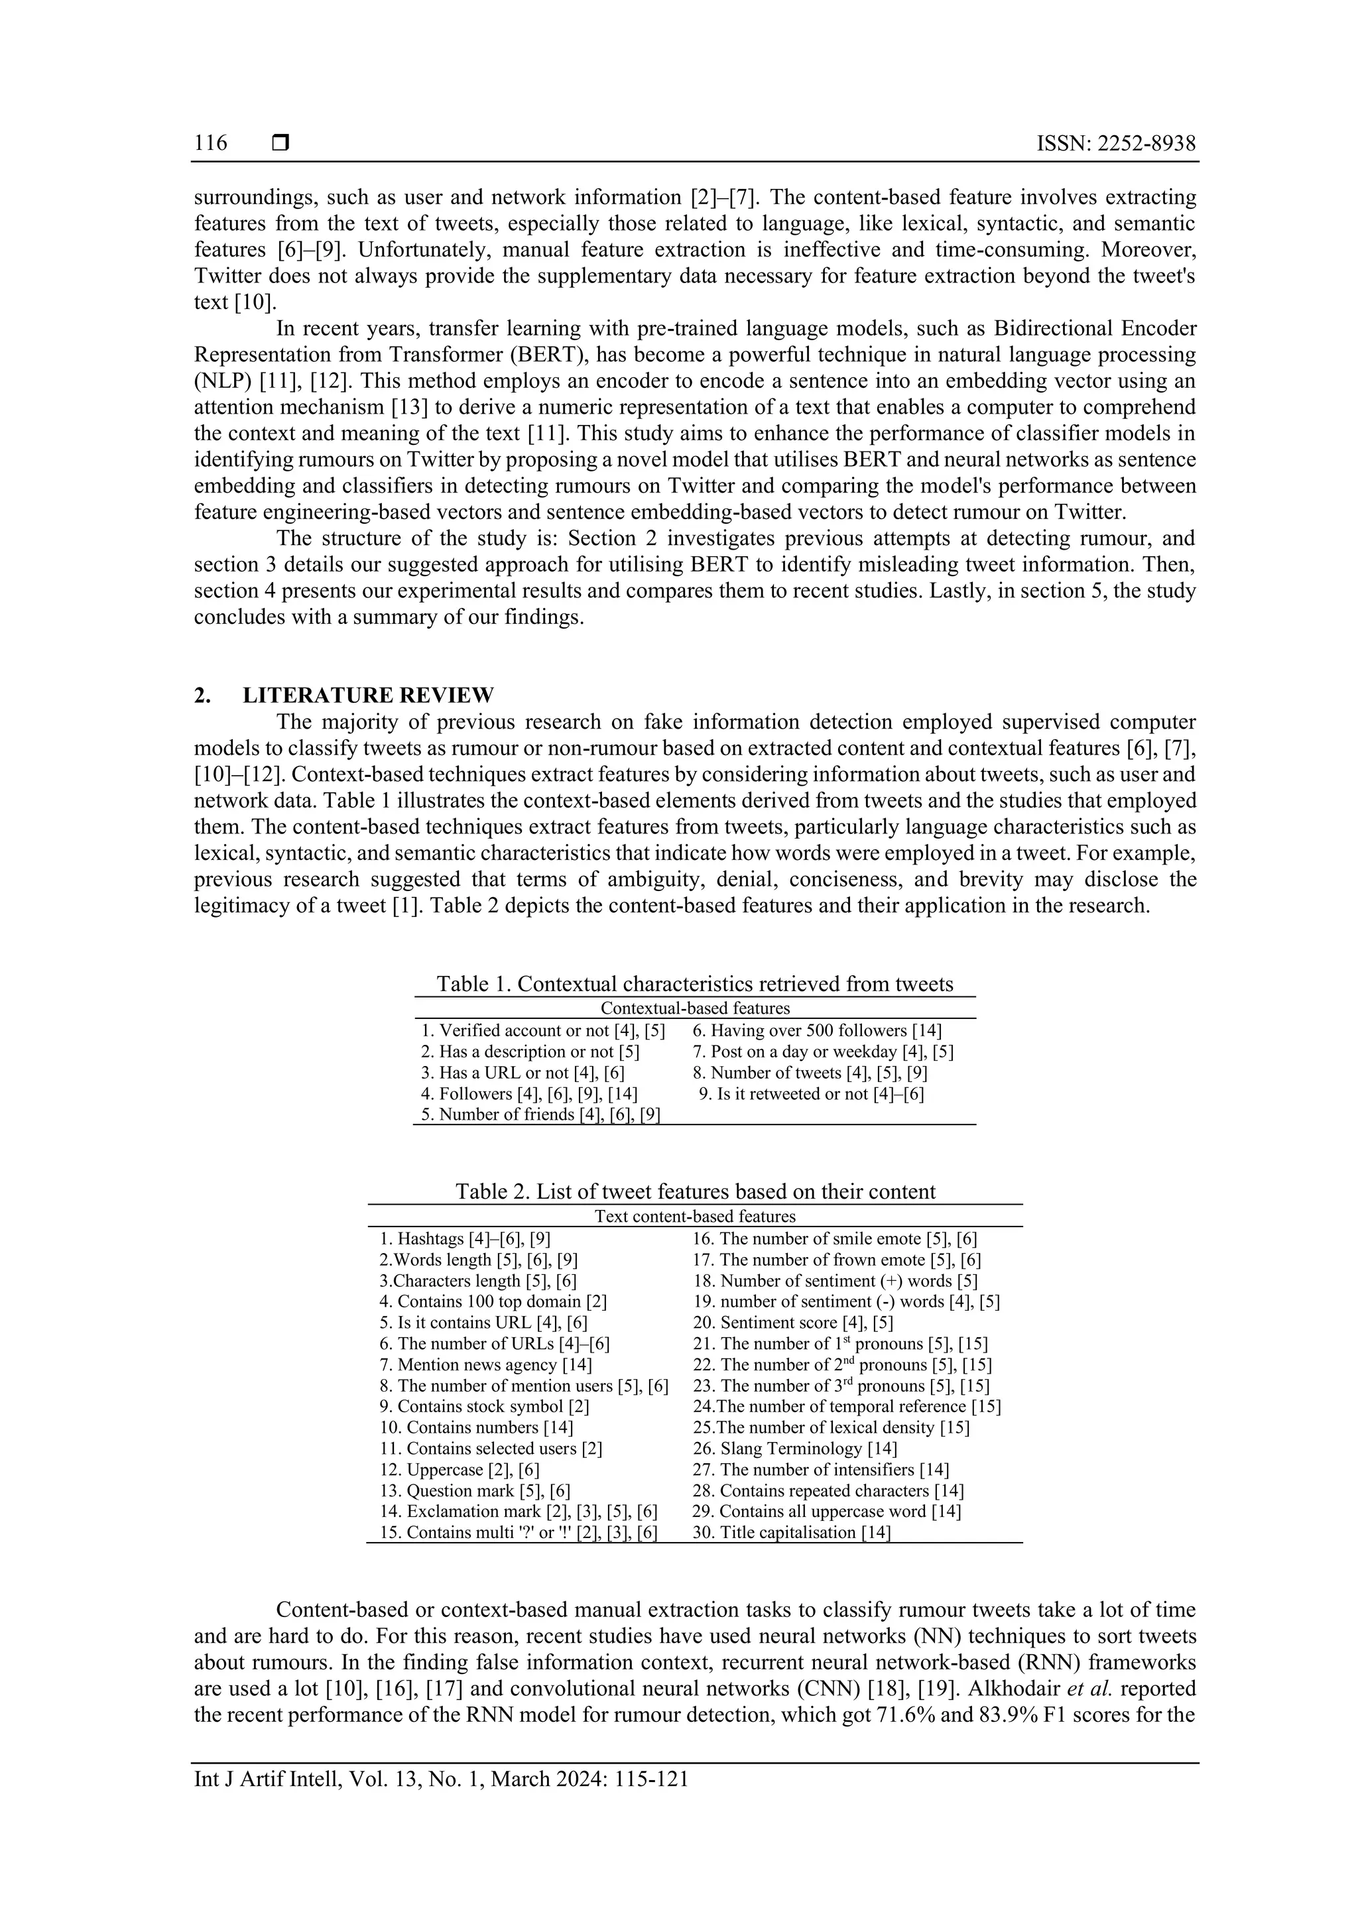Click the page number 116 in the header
coord(211,143)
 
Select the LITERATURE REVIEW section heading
coord(368,695)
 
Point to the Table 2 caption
coord(694,1191)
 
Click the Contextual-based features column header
coord(694,1008)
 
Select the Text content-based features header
coord(694,1216)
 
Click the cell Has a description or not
coord(530,1052)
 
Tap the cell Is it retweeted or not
coord(811,1094)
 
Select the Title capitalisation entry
coord(791,1533)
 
